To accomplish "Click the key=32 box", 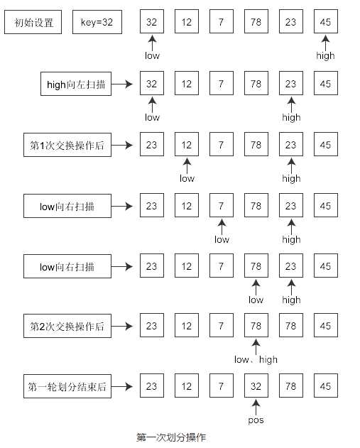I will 98,23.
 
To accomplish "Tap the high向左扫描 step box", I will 75,84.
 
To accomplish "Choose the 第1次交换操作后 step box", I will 67,146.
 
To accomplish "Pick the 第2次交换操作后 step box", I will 67,327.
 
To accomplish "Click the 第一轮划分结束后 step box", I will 67,387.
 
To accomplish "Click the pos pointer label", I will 256,420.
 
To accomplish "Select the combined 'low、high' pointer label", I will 256,360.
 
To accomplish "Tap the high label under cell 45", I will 326,55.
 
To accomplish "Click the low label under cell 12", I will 187,178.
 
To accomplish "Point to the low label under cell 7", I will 222,239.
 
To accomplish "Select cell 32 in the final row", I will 256,387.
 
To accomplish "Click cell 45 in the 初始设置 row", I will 326,23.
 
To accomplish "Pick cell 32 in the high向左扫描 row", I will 152,84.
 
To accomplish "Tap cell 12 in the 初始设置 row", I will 187,23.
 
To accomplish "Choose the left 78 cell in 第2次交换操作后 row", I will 256,327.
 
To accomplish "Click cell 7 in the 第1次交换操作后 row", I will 222,146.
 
